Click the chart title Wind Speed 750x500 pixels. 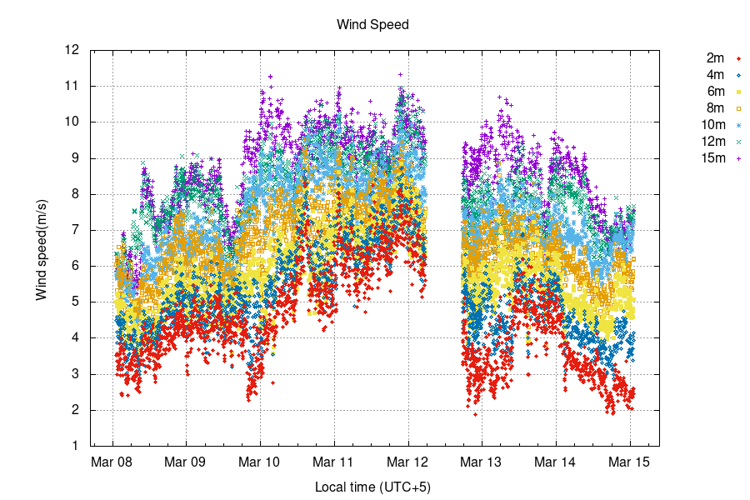coord(372,25)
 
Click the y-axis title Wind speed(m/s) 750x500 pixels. coord(41,248)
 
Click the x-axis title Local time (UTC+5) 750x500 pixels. coord(372,486)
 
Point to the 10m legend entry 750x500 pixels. coord(712,125)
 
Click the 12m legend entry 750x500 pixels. coord(712,142)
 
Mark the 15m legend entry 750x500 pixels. coord(712,158)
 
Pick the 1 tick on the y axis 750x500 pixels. coord(76,446)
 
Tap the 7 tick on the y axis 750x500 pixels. coord(76,230)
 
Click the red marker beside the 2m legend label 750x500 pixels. coord(738,58)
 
